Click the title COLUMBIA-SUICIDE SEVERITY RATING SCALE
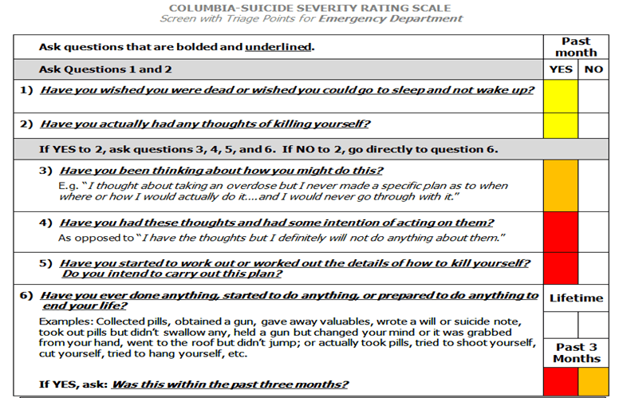310,8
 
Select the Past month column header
576,47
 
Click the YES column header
561,69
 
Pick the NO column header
593,69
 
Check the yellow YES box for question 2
561,125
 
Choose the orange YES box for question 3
561,185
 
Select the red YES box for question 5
561,269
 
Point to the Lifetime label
576,298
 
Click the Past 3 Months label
576,353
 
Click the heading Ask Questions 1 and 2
105,69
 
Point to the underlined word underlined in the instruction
278,47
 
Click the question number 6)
26,295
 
